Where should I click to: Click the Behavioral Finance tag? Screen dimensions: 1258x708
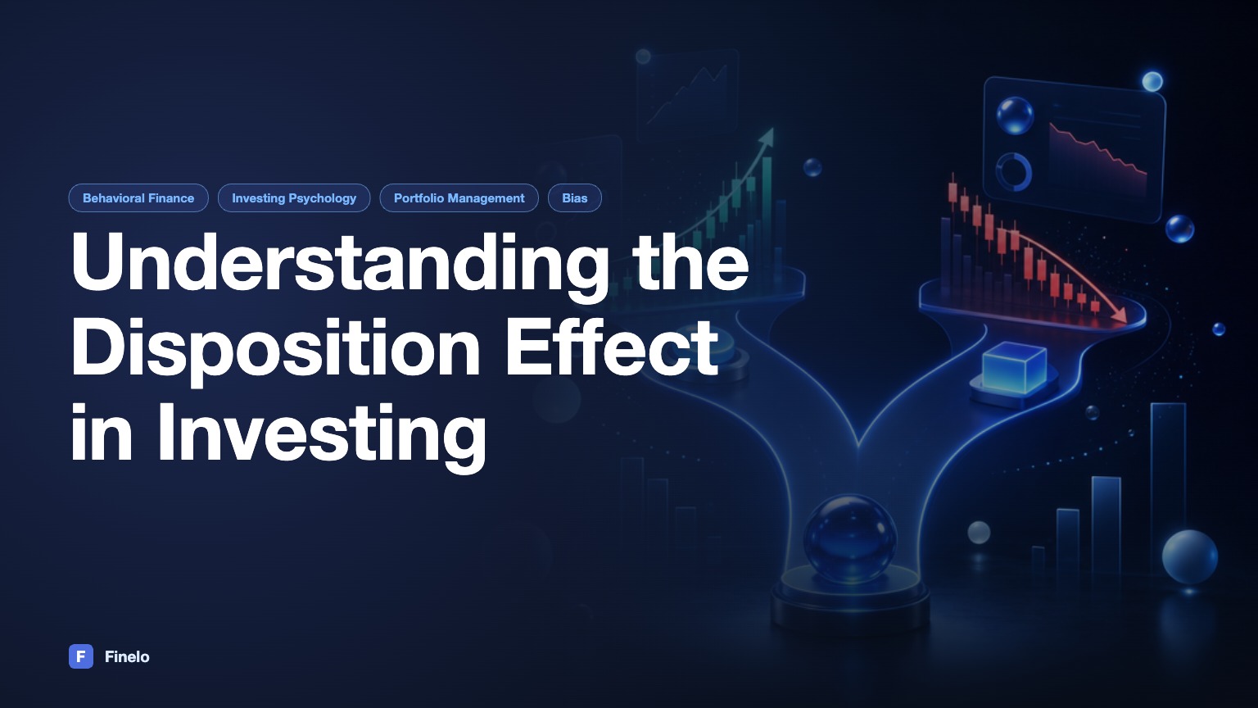point(138,197)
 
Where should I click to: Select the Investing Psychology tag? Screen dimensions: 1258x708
point(294,197)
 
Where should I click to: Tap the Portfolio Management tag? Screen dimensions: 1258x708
point(459,197)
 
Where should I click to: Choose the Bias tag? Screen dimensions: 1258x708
point(574,197)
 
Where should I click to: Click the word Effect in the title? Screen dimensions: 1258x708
point(612,346)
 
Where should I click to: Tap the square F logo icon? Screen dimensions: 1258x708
point(81,656)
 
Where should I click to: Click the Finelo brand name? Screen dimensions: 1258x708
point(127,657)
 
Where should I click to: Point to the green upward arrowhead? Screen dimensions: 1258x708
point(767,135)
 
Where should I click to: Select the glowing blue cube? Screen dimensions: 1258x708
point(1014,367)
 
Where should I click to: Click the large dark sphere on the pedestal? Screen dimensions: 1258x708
point(849,539)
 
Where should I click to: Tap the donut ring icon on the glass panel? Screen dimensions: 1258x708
point(1014,171)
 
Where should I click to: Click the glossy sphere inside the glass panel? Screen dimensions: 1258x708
point(1015,116)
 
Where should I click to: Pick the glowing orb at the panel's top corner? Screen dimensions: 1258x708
point(1152,81)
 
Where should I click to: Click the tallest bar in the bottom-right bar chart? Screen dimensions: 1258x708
point(1168,489)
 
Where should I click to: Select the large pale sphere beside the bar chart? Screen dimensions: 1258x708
point(1189,557)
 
